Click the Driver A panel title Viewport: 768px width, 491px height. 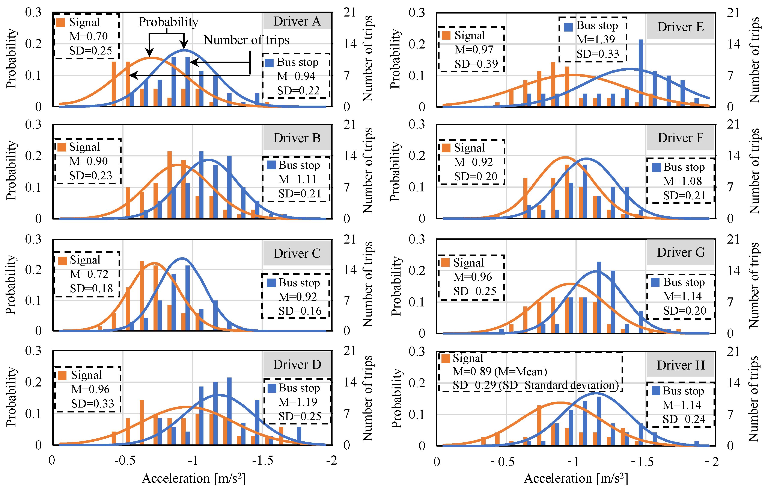[297, 21]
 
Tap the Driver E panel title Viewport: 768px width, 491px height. [680, 27]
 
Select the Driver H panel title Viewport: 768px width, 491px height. [681, 365]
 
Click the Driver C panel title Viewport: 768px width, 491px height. [297, 253]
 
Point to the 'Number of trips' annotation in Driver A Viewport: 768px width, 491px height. [247, 40]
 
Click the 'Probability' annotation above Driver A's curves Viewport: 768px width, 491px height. [168, 22]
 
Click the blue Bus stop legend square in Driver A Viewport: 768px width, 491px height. [269, 63]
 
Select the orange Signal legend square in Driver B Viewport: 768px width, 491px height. [62, 147]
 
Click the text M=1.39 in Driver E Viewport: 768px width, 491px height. [595, 39]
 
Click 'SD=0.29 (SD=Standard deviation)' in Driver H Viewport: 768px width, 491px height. [536, 385]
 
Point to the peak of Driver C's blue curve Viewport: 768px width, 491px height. [182, 258]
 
